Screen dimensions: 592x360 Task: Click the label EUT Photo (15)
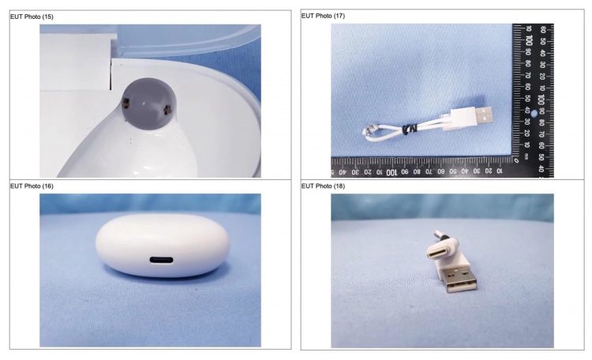pos(32,17)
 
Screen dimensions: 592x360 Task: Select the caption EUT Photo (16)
pos(32,186)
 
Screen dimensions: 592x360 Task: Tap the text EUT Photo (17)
pos(323,16)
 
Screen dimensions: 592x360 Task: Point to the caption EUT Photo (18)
pos(323,186)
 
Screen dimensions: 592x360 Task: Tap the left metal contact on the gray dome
pos(126,102)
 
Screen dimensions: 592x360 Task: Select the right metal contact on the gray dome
pos(167,110)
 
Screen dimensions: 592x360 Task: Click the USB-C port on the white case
pos(162,260)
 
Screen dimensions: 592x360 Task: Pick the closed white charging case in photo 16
pos(163,246)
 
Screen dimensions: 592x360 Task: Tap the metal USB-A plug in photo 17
pos(484,115)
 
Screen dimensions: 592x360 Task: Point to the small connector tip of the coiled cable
pos(366,131)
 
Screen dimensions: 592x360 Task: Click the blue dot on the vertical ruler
pos(534,114)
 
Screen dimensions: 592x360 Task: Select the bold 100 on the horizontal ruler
pos(392,172)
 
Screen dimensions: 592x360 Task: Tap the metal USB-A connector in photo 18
pos(462,279)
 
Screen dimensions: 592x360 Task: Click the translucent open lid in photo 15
pos(188,40)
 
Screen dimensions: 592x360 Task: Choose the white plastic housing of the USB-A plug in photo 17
pos(463,118)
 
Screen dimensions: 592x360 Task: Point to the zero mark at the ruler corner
pos(516,159)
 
